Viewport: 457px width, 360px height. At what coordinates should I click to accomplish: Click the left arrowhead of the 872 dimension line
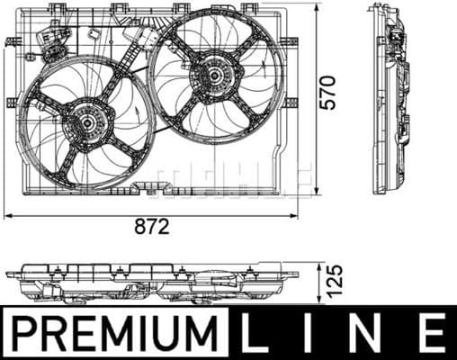pyautogui.click(x=7, y=216)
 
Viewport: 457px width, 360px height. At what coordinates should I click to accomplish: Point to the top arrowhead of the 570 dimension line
pyautogui.click(x=316, y=8)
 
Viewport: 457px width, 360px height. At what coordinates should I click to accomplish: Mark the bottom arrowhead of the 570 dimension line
pyautogui.click(x=316, y=193)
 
